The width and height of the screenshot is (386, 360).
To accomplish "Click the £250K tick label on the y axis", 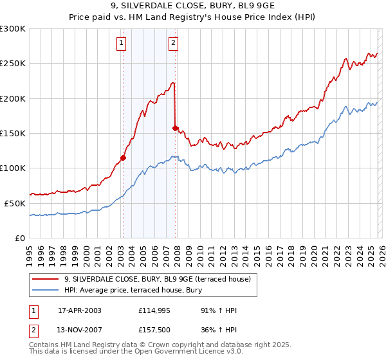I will click(13, 64).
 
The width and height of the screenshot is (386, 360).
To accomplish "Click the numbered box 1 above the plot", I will click(122, 44).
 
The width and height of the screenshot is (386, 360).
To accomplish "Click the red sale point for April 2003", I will click(123, 157).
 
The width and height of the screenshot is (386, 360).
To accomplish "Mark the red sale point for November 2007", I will click(175, 128).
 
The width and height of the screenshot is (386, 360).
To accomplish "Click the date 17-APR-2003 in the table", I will click(80, 310).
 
